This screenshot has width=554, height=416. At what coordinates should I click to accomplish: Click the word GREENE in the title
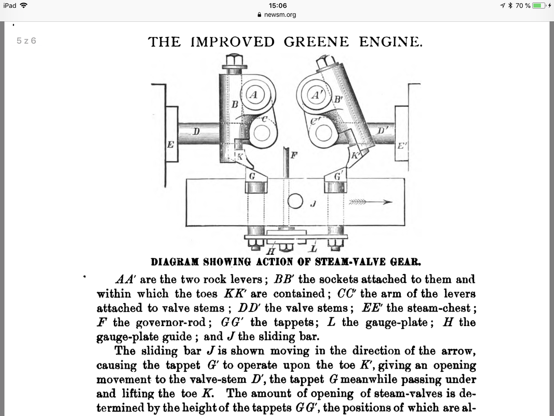tap(316, 42)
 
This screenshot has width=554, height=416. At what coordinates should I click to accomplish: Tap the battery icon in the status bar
tap(539, 6)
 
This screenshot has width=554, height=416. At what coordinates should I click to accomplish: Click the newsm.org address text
tap(280, 15)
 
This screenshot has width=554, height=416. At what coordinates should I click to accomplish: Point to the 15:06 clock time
tap(277, 5)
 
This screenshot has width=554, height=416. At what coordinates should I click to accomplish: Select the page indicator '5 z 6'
tap(26, 41)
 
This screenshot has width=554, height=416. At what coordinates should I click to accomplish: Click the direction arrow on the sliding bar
tap(370, 202)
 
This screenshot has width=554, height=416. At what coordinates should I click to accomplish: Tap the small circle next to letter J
tap(295, 201)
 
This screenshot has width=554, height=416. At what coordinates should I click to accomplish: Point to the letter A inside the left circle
tap(253, 95)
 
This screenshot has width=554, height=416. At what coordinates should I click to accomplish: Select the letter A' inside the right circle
tap(316, 95)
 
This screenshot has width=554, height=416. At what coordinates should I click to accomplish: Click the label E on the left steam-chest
tap(170, 145)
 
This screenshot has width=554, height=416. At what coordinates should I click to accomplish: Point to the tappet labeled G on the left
tap(252, 177)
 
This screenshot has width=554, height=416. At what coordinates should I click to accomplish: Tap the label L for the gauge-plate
tap(313, 250)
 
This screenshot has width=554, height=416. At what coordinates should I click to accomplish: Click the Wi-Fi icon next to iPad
tap(23, 6)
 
